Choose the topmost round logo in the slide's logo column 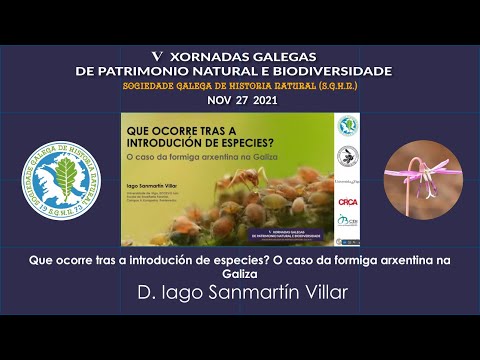(347, 126)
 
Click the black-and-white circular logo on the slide (347, 155)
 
